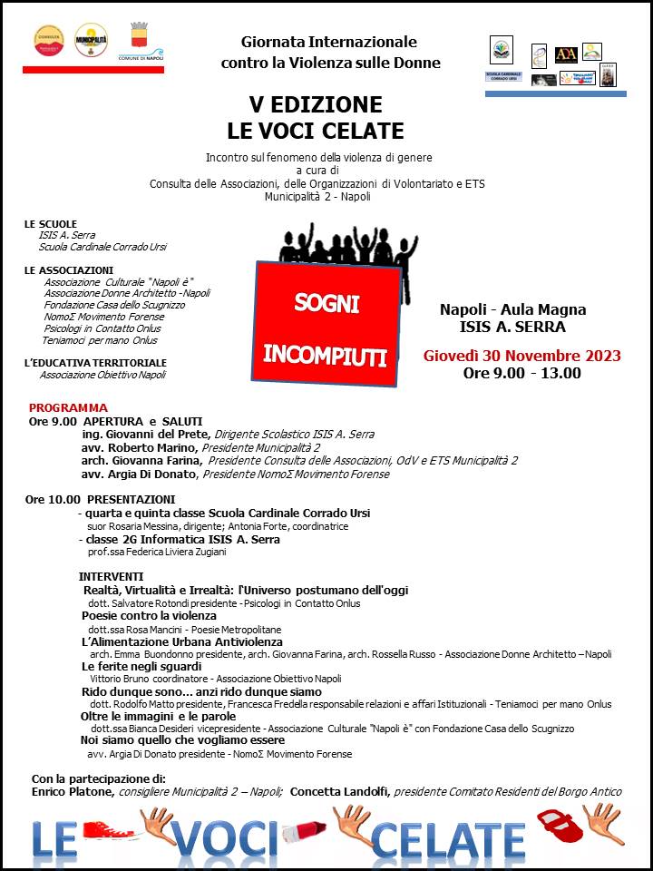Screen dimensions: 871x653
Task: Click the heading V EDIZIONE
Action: (x=316, y=103)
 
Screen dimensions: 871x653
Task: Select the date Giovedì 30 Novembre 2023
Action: (x=521, y=355)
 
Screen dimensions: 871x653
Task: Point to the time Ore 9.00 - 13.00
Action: (x=521, y=373)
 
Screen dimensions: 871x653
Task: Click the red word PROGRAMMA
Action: (x=68, y=408)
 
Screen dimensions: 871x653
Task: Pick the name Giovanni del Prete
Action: (x=132, y=435)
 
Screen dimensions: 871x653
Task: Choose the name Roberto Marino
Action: (x=136, y=447)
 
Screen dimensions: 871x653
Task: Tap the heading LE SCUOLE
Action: (x=51, y=224)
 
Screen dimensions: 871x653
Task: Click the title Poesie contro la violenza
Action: (x=149, y=616)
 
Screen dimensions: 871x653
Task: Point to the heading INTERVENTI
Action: (x=111, y=576)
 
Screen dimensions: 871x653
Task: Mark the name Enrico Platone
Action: (x=73, y=791)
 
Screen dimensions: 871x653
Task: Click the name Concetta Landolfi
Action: (x=339, y=791)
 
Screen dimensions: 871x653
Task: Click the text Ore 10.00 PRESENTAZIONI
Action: (x=101, y=499)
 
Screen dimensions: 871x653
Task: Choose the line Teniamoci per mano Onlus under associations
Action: (x=100, y=340)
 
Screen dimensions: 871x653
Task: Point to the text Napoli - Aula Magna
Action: (x=512, y=309)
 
